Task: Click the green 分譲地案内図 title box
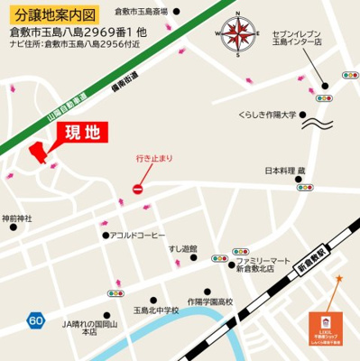pos(51,14)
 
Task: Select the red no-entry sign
pos(138,189)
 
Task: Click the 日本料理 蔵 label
pos(285,170)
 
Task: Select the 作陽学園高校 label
pos(209,301)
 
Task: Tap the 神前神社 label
pos(16,218)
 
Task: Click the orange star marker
pos(339,278)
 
